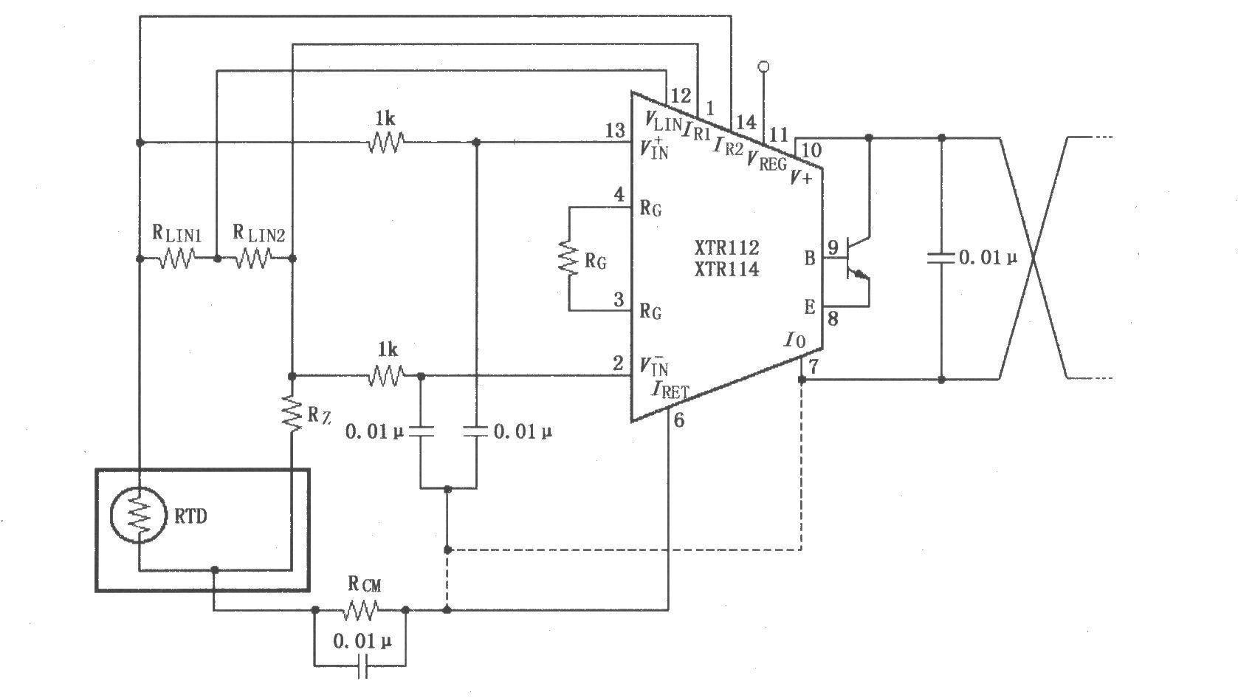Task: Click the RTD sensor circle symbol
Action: coord(138,515)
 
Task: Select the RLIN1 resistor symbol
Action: coord(177,259)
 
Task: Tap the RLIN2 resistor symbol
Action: coord(253,259)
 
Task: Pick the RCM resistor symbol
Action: coord(361,610)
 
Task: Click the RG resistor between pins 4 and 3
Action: coord(569,259)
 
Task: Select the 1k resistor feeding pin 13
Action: coord(386,141)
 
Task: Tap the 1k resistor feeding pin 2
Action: coord(386,377)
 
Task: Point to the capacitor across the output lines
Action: coord(941,258)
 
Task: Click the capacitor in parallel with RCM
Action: coord(361,668)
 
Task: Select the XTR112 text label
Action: coord(726,247)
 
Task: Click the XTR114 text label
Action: coord(726,270)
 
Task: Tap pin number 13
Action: coord(614,131)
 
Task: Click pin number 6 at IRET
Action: coord(678,420)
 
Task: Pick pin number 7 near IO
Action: coord(814,366)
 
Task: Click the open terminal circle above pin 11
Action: coord(764,67)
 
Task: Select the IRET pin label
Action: coord(670,390)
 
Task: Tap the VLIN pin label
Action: coord(662,118)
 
